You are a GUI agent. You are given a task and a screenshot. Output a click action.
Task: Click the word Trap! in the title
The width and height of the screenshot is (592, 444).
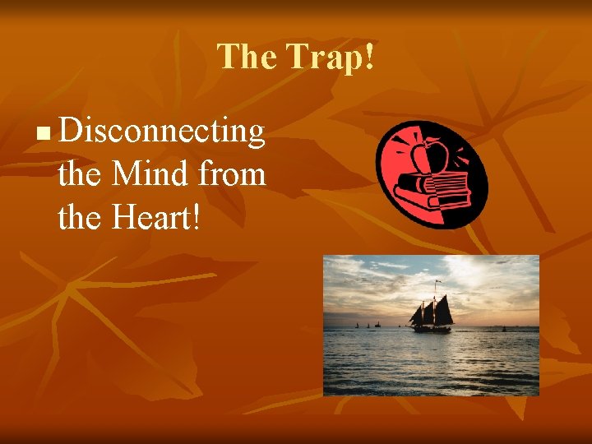[x=330, y=57]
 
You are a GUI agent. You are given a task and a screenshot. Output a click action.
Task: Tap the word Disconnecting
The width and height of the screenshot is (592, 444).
[x=162, y=132]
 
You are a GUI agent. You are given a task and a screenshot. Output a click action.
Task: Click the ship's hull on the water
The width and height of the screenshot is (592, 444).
[x=432, y=328]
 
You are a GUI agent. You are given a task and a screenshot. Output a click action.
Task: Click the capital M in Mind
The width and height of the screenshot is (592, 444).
[x=126, y=174]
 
